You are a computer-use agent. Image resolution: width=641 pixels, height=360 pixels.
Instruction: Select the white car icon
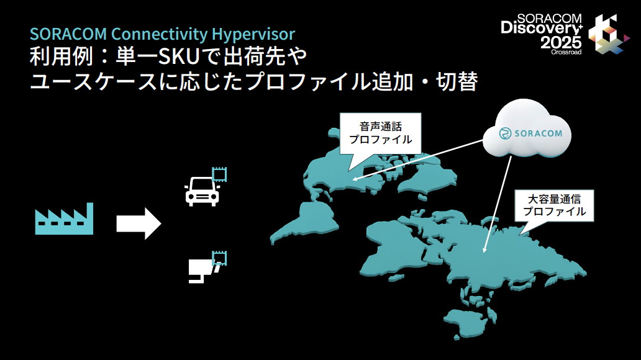pyautogui.click(x=201, y=191)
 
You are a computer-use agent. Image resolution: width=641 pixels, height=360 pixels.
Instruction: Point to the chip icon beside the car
pyautogui.click(x=219, y=174)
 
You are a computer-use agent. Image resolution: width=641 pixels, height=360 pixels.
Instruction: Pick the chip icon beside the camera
pyautogui.click(x=219, y=258)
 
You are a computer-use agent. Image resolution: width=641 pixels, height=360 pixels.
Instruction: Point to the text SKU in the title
pyautogui.click(x=180, y=57)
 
